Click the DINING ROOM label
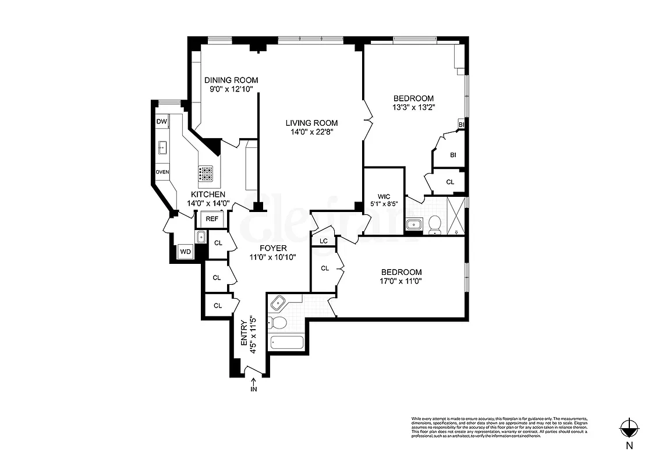(231, 80)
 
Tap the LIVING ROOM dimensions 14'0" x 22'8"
(311, 132)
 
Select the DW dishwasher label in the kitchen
(162, 121)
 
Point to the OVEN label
(162, 172)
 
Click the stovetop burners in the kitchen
(206, 172)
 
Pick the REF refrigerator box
(212, 218)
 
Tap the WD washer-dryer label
(186, 251)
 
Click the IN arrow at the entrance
(253, 385)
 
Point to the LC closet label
(324, 241)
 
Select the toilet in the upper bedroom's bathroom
(434, 224)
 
